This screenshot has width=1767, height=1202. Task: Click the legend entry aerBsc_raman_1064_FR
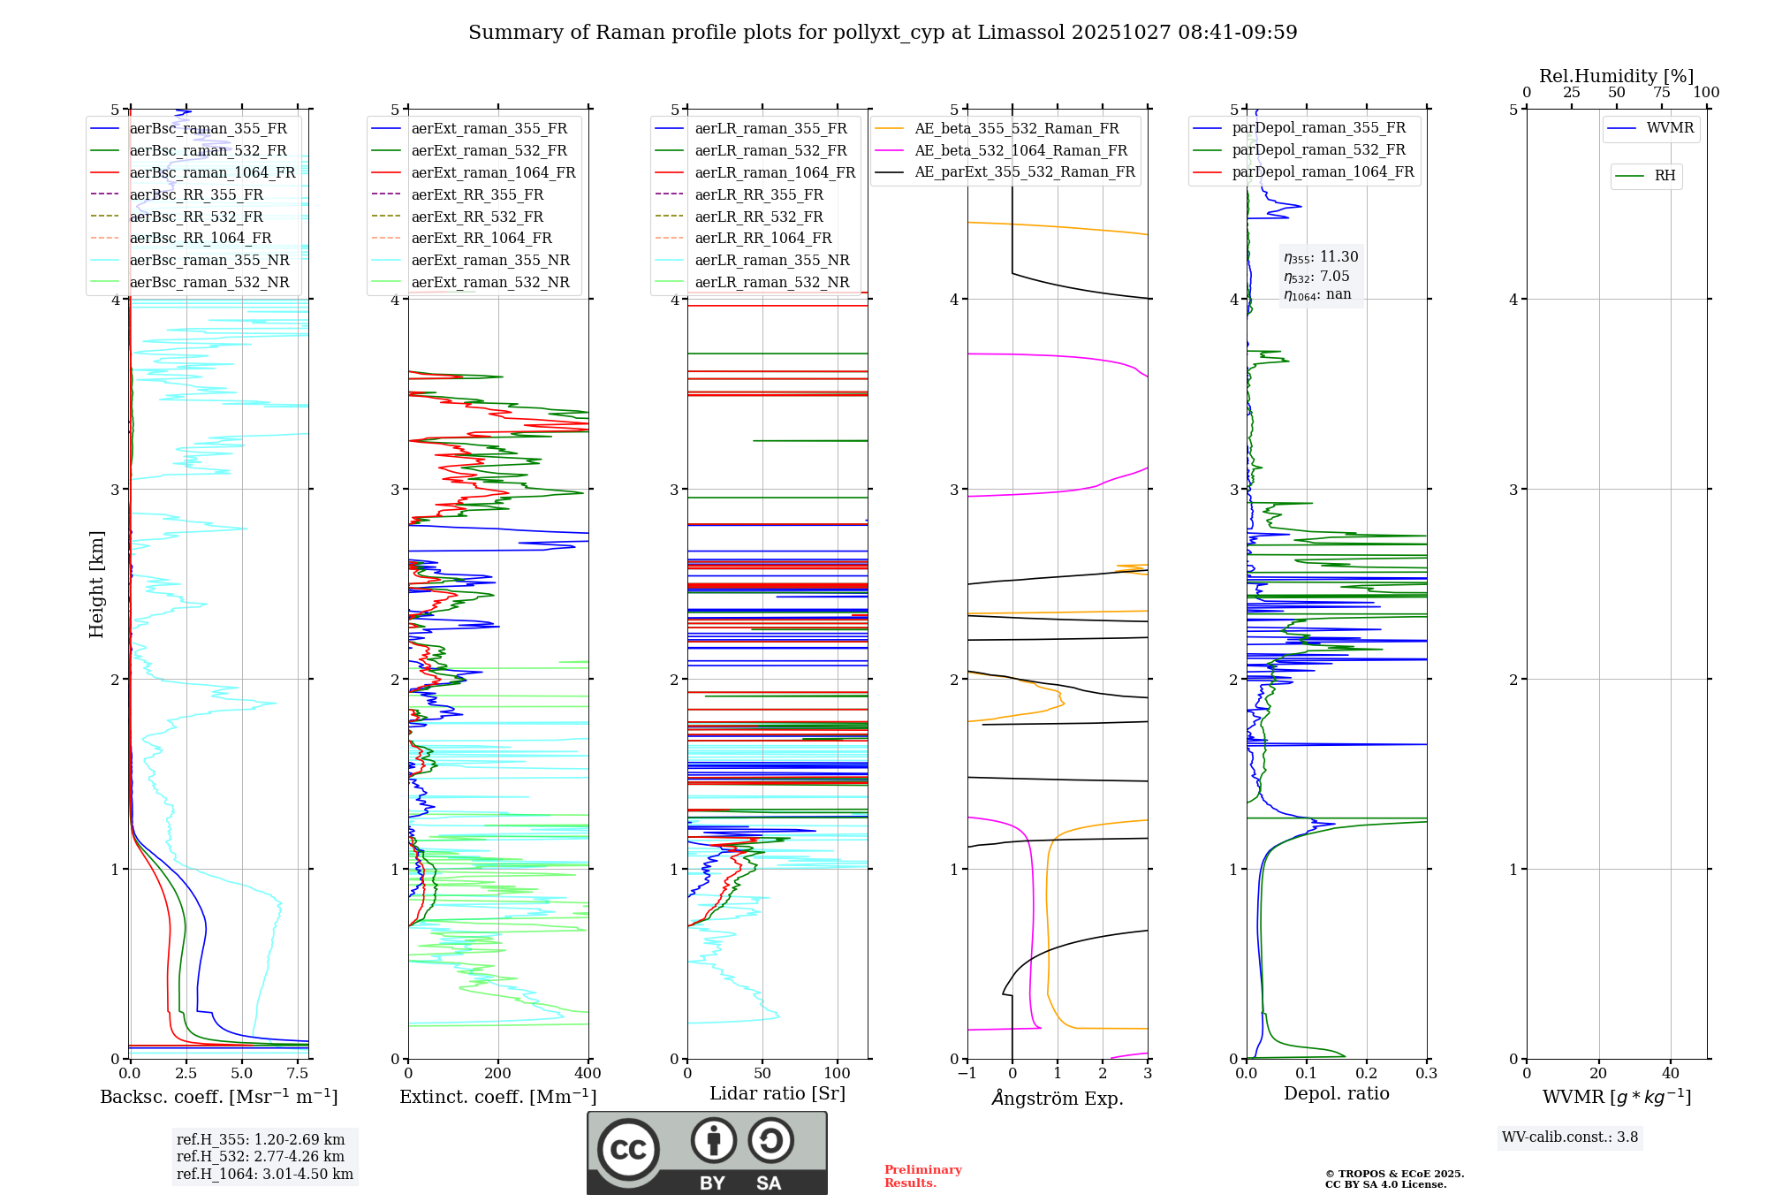(x=212, y=173)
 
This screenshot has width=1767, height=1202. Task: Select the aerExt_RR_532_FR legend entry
(x=477, y=217)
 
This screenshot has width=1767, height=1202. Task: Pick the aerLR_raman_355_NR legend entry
(x=771, y=261)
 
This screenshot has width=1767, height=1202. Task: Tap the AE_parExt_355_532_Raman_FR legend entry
(x=1025, y=172)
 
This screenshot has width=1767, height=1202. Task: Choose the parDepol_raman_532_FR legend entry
(x=1318, y=150)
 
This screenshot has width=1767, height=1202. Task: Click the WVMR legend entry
(x=1670, y=128)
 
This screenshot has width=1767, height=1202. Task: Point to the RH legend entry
(x=1665, y=176)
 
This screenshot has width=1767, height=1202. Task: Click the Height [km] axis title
(x=96, y=584)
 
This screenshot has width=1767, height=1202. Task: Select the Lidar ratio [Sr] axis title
(x=777, y=1094)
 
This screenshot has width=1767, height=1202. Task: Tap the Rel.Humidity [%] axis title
(x=1616, y=76)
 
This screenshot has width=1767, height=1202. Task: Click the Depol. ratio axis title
(x=1336, y=1094)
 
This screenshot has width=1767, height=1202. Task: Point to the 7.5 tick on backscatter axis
(x=298, y=1074)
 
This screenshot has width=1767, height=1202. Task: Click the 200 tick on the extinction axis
(x=498, y=1074)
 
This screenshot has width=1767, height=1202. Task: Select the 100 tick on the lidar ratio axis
(x=838, y=1074)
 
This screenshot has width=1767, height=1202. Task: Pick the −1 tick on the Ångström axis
(x=967, y=1074)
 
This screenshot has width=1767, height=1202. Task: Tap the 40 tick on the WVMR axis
(x=1670, y=1074)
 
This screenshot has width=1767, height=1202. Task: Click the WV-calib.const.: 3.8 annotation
(x=1569, y=1137)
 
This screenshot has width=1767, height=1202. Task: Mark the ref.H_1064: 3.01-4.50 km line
(x=264, y=1175)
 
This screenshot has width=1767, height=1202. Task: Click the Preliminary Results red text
(x=922, y=1176)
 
